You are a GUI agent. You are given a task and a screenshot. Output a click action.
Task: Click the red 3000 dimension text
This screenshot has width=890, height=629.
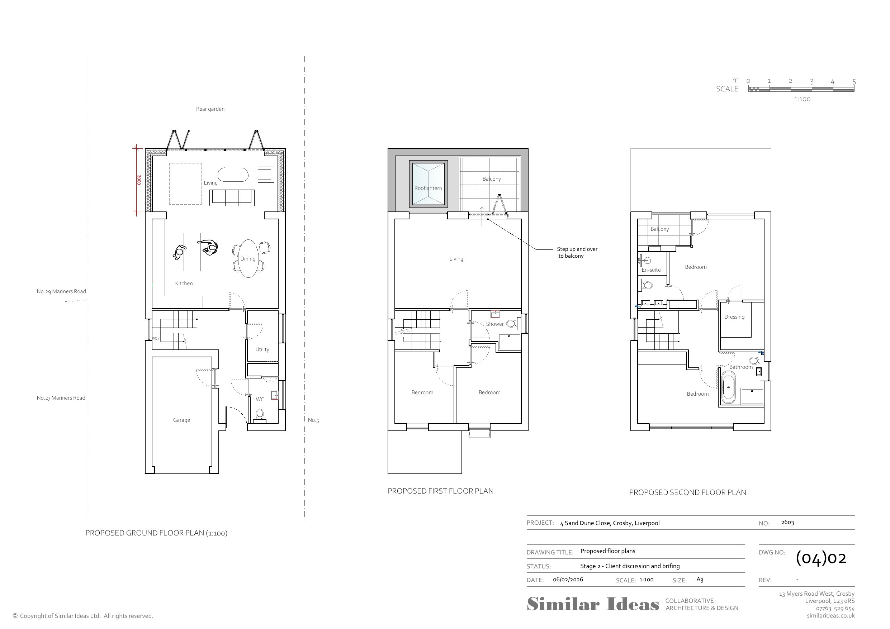coord(139,180)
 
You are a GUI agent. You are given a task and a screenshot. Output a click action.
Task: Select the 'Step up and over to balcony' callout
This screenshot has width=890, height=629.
coord(577,252)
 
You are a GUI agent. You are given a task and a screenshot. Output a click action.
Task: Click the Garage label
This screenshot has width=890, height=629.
coord(181,420)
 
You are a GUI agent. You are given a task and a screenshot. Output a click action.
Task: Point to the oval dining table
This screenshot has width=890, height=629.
coord(248,258)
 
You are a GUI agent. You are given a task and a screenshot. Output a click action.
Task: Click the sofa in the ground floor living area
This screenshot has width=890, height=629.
coord(232,197)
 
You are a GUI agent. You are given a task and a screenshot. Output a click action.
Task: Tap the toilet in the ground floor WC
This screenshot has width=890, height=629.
coord(260,414)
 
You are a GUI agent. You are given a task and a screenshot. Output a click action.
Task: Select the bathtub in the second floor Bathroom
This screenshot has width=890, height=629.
coord(728,387)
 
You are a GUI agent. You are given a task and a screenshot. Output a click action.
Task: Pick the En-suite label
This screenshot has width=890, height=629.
coord(651,270)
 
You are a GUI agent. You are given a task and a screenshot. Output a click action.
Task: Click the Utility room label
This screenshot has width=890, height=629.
coord(262,349)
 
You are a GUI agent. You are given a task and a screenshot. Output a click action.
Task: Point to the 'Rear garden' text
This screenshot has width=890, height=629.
coord(210,109)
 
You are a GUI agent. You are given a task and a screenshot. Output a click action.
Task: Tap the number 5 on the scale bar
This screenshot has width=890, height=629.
coord(854,81)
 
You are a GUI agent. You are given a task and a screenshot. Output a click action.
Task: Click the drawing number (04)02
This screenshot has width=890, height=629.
coord(820,558)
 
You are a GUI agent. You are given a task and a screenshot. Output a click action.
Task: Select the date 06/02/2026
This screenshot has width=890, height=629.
coord(568,580)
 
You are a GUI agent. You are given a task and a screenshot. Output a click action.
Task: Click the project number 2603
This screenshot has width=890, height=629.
coord(787,523)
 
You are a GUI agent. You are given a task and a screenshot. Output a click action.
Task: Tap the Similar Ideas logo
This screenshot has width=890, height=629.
coord(593,604)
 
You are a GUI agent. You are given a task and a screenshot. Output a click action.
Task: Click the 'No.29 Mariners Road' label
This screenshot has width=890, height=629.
coord(61,291)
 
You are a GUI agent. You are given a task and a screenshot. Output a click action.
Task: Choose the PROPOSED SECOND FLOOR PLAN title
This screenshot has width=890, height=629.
coord(687,492)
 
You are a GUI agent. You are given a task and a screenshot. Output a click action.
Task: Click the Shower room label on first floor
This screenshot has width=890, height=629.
coord(494,324)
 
